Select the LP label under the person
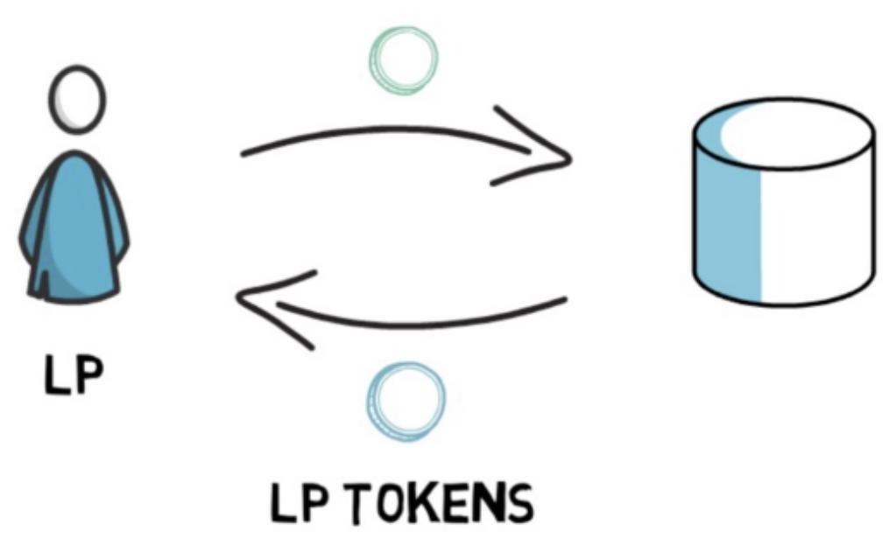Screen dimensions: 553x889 pyautogui.click(x=74, y=376)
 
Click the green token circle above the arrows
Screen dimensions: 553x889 pyautogui.click(x=401, y=59)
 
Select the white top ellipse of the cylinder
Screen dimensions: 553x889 pyautogui.click(x=784, y=131)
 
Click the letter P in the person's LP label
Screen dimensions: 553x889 pyautogui.click(x=88, y=376)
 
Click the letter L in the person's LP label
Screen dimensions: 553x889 pyautogui.click(x=57, y=376)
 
